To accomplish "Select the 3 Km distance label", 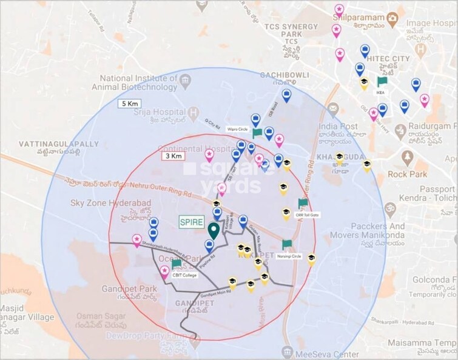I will pyautogui.click(x=173, y=156).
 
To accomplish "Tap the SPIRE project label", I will pyautogui.click(x=191, y=222).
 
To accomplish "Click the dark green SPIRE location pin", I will pyautogui.click(x=213, y=230).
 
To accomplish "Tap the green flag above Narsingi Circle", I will pyautogui.click(x=287, y=244).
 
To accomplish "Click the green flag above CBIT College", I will pyautogui.click(x=176, y=264).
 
